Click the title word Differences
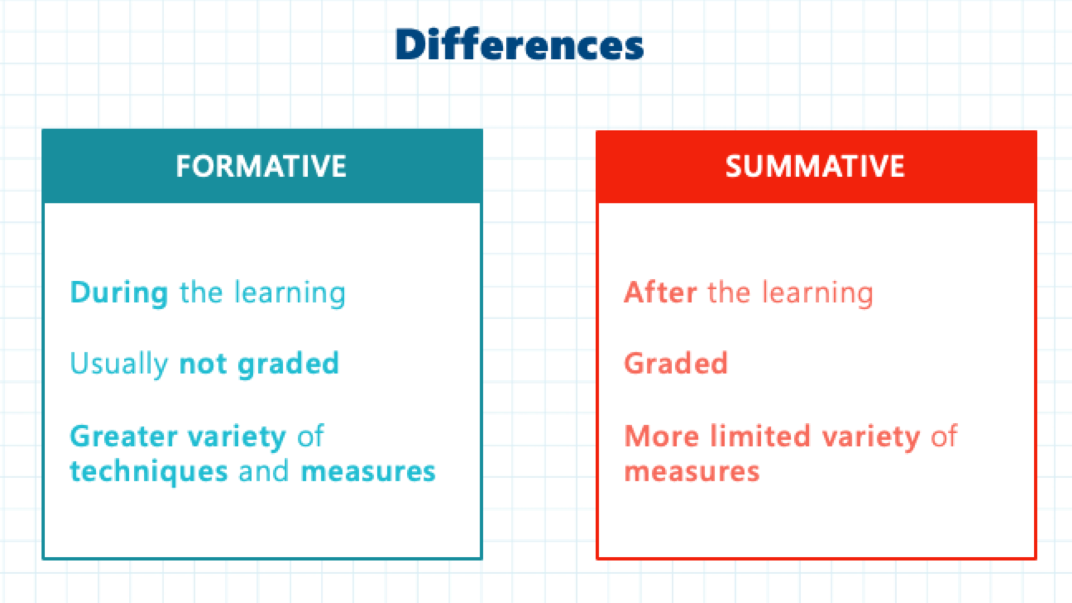tap(520, 45)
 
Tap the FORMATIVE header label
tap(261, 166)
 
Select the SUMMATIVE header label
tap(815, 166)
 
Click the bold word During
tap(119, 292)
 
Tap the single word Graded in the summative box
tap(676, 364)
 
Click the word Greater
tap(124, 436)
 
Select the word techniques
tap(149, 471)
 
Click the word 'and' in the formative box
tap(264, 471)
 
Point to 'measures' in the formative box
tap(368, 471)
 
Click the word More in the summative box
tap(662, 436)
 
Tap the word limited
tap(761, 436)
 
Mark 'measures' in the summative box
tap(692, 471)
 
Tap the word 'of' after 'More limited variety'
tap(944, 436)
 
